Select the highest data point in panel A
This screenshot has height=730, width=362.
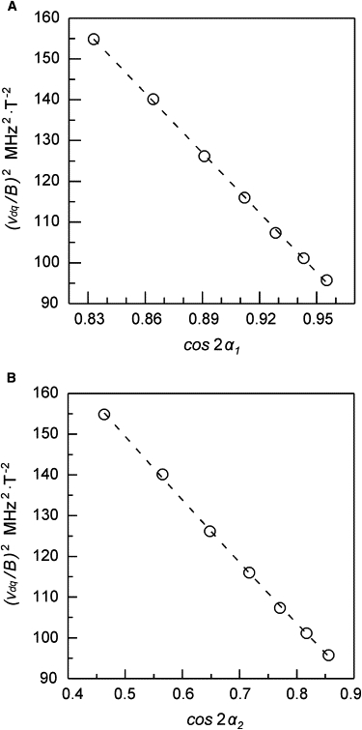point(94,40)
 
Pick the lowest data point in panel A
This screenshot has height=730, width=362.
point(326,279)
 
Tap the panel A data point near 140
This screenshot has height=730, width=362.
point(153,99)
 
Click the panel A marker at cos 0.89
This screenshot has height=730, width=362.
point(205,156)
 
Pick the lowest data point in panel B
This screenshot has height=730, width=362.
point(328,655)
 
